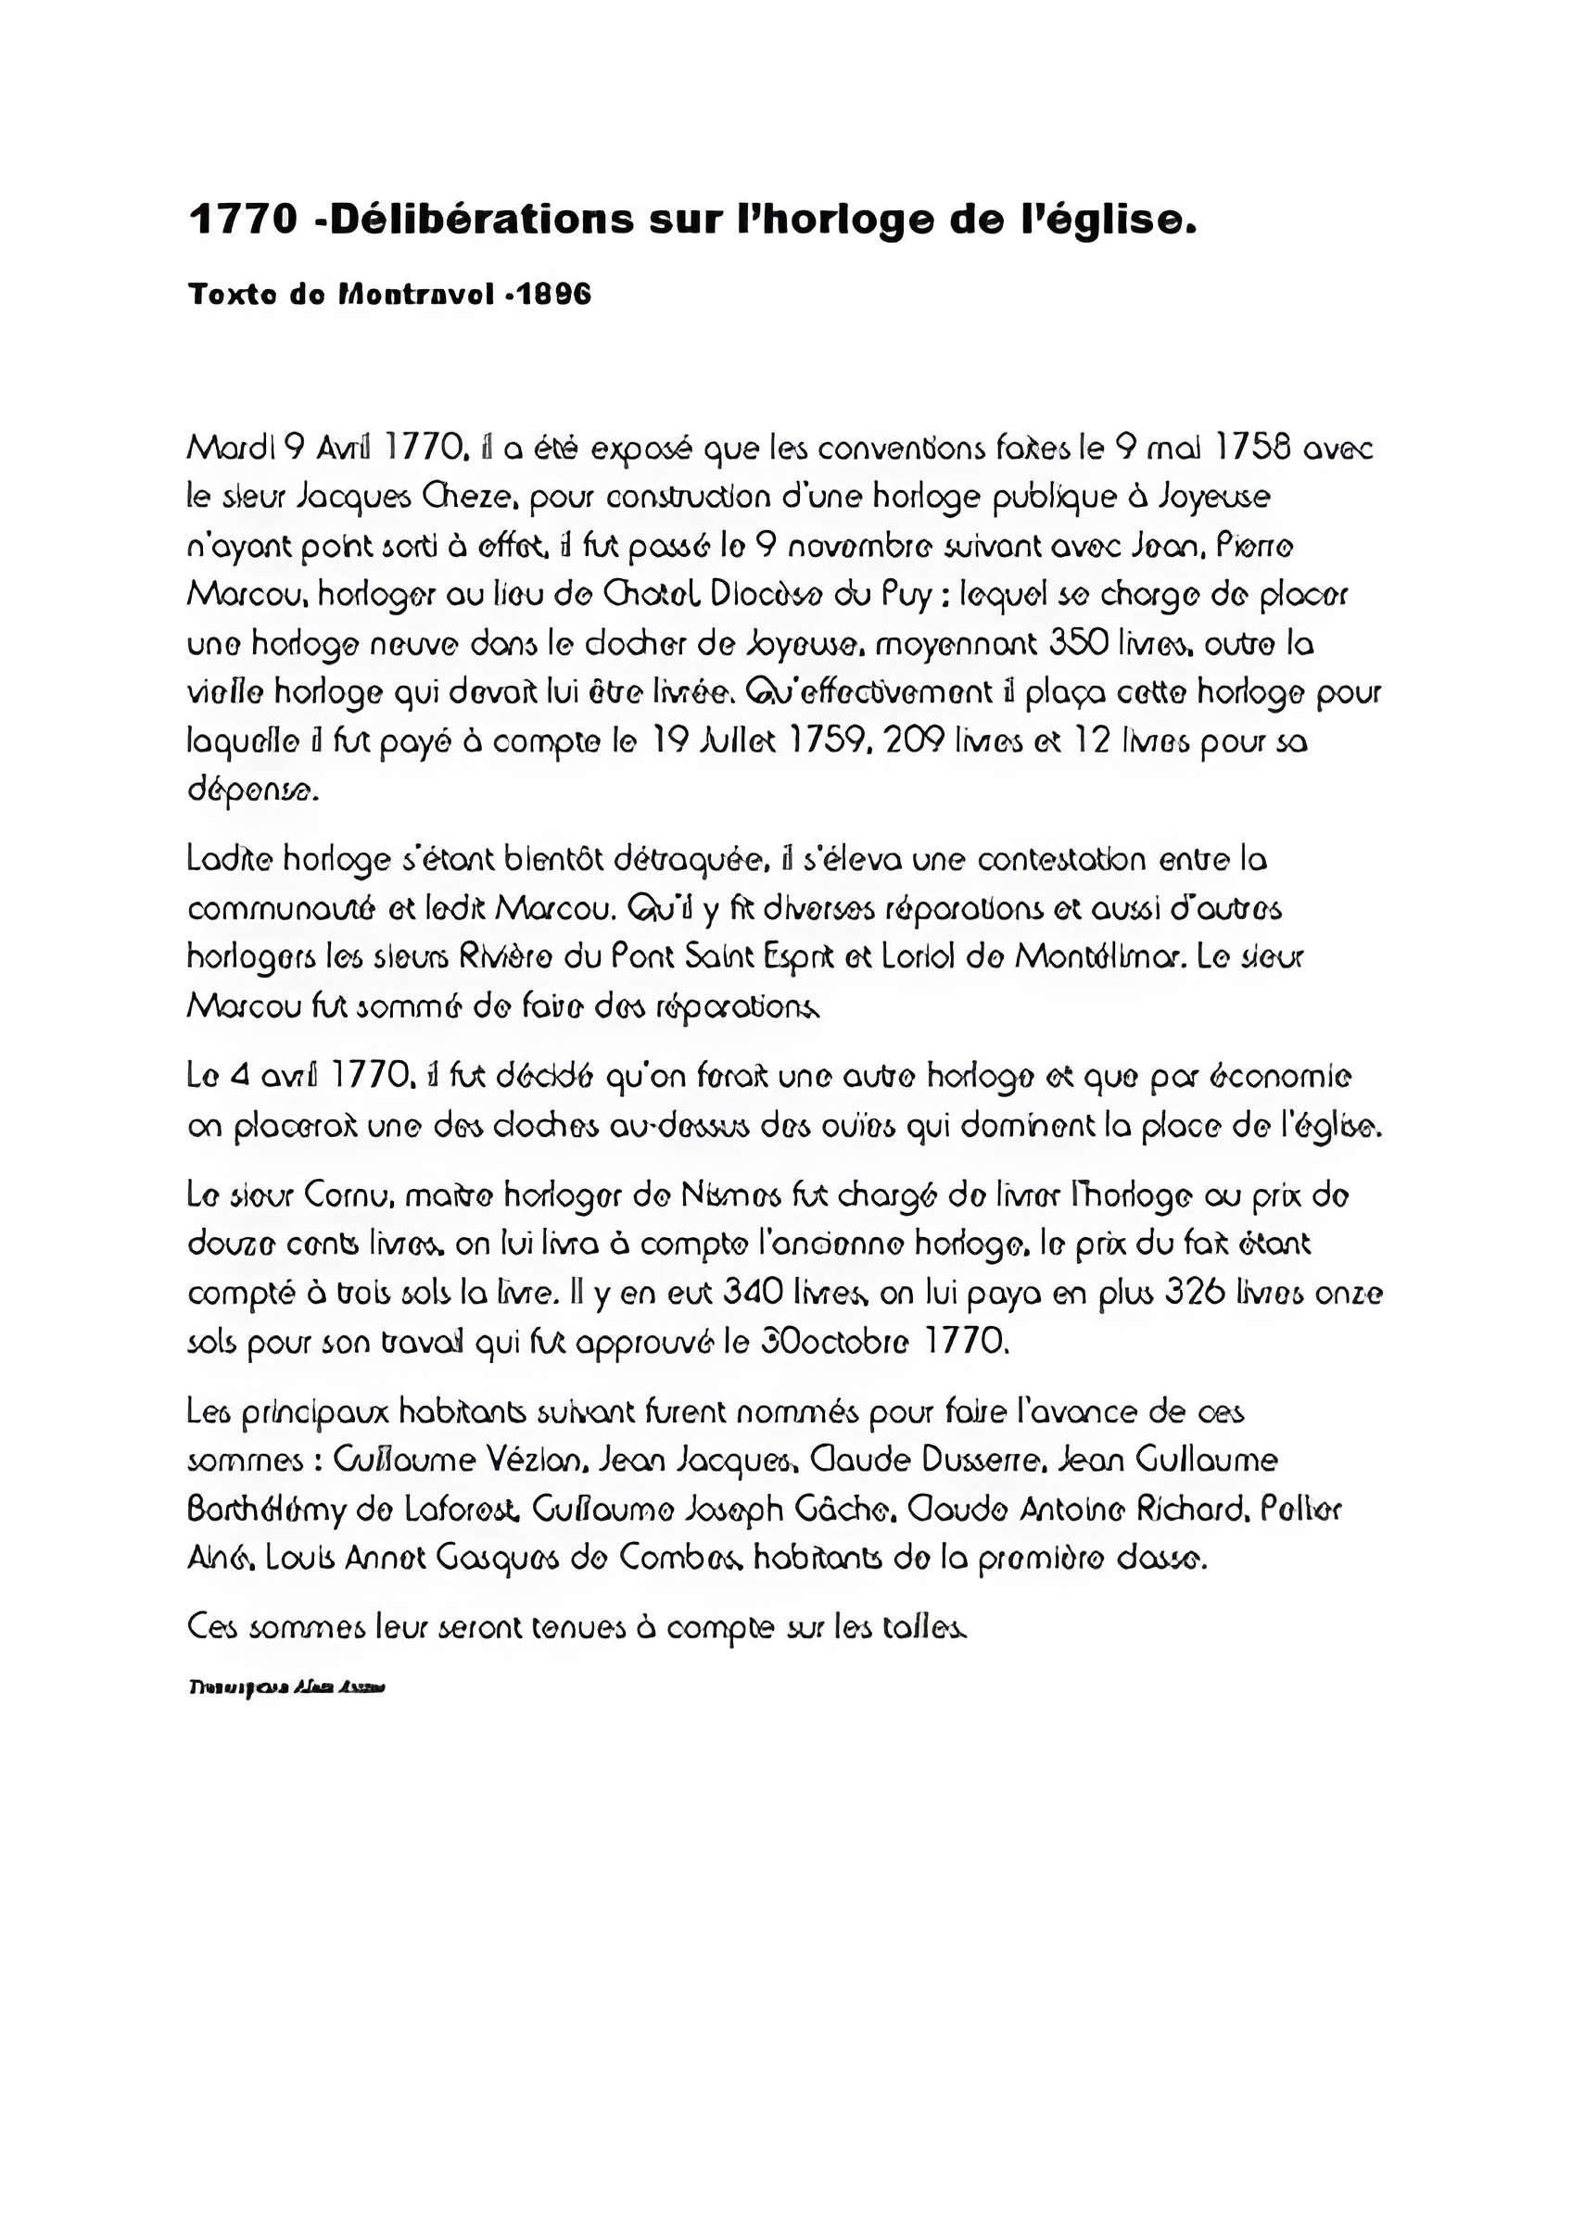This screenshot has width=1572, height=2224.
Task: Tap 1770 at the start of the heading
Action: tap(243, 220)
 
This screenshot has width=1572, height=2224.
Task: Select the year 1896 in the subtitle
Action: tap(553, 295)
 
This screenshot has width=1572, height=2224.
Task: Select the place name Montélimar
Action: tap(1099, 958)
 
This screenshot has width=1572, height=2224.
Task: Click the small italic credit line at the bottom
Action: tap(286, 1688)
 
